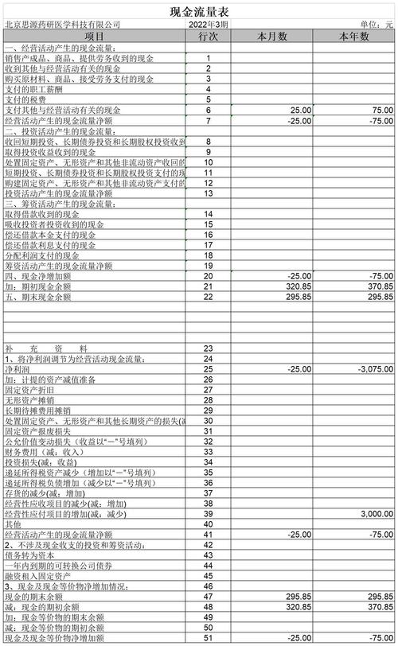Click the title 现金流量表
point(199,10)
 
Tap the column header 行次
point(208,37)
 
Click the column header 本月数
point(273,37)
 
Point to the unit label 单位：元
point(377,25)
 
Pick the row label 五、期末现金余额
point(38,297)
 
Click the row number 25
point(208,369)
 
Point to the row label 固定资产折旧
point(31,390)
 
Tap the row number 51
point(208,638)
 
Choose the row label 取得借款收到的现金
point(41,213)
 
